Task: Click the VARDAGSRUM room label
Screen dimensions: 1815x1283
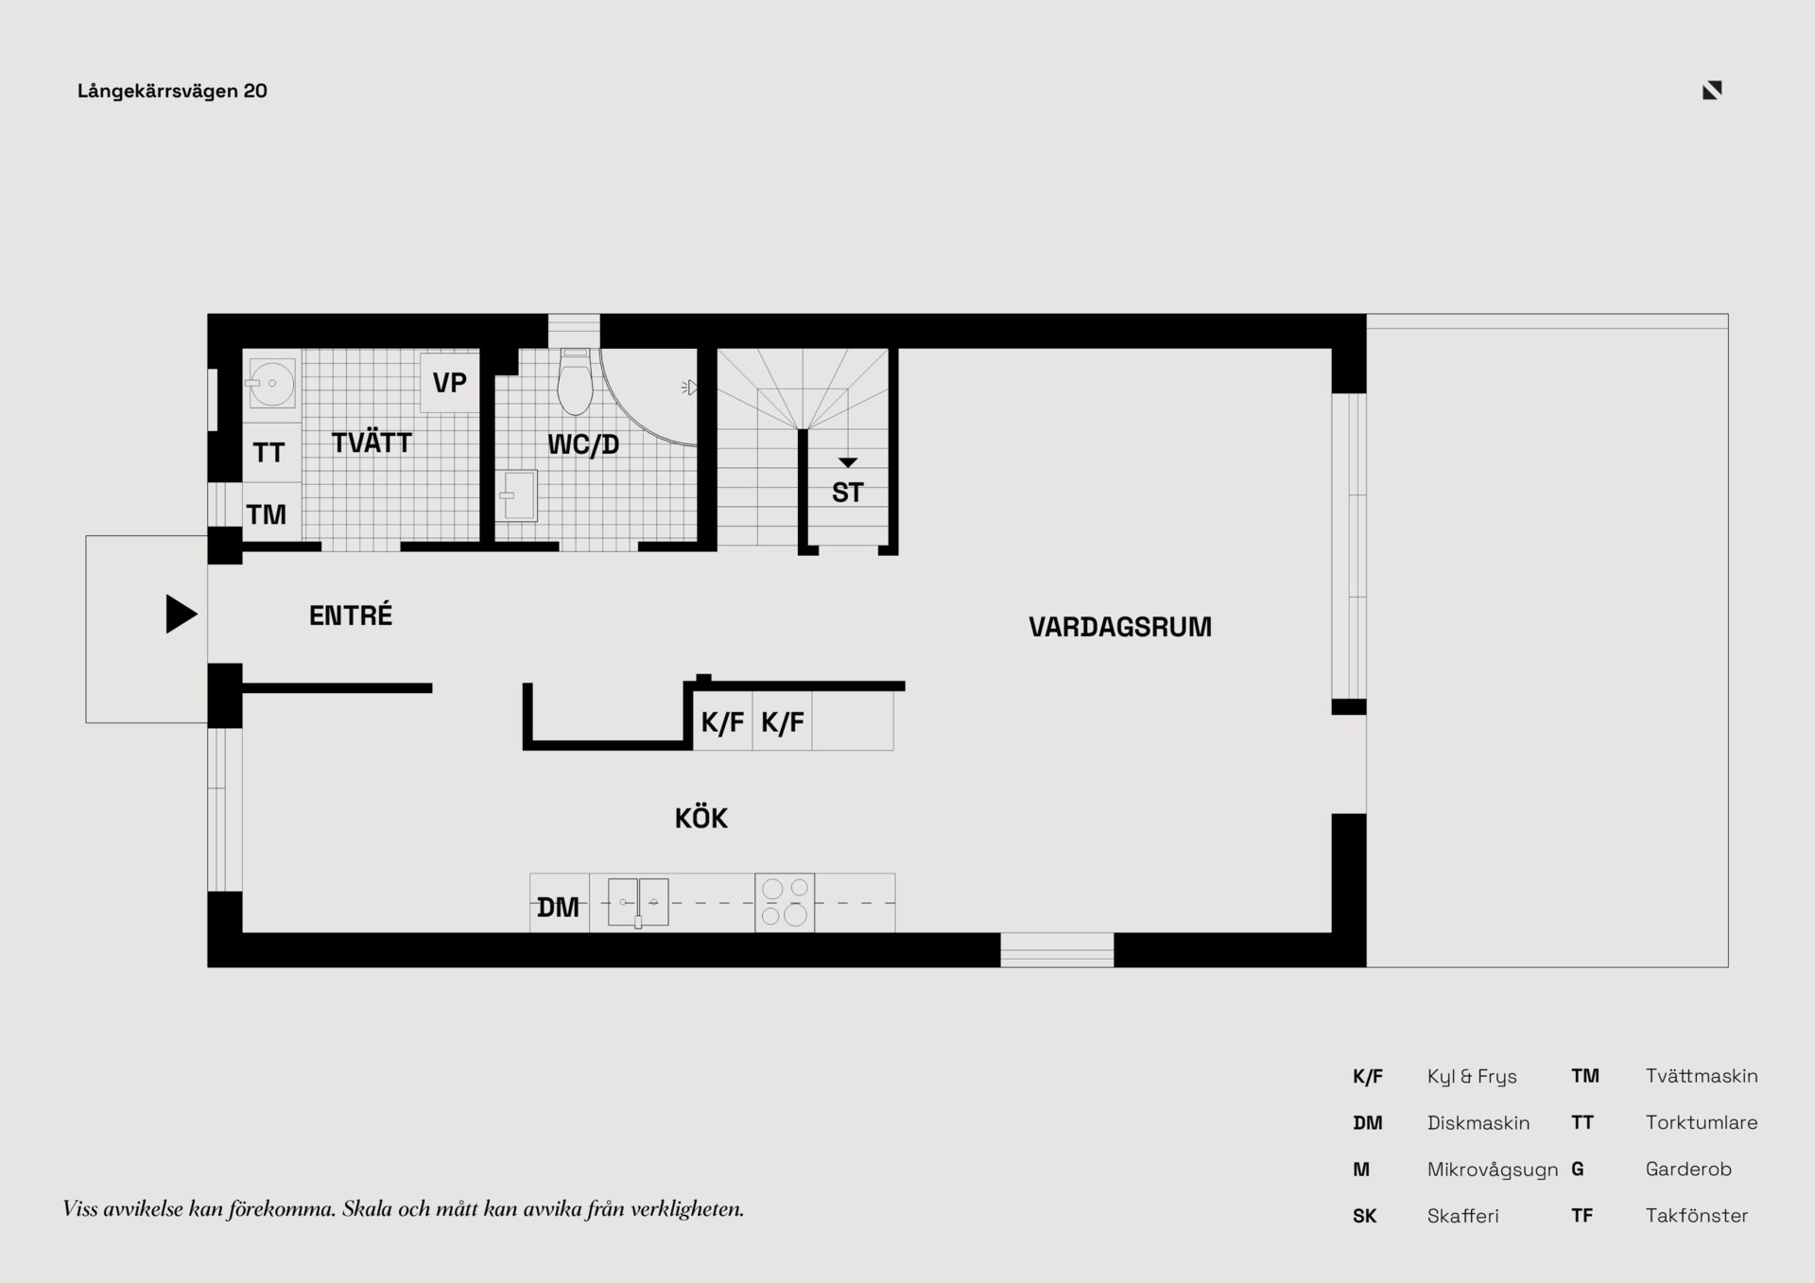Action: coord(1120,628)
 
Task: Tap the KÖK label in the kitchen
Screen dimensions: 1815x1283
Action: coord(701,818)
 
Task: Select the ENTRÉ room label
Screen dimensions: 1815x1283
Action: coord(351,615)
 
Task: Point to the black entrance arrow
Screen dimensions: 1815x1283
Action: coord(181,614)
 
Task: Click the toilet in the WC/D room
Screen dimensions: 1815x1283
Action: coord(576,383)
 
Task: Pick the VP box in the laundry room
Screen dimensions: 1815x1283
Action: coord(450,382)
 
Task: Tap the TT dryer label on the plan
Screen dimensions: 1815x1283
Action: coord(269,453)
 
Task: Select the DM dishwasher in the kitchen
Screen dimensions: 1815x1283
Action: coord(559,903)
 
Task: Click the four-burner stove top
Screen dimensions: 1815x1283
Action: coord(785,902)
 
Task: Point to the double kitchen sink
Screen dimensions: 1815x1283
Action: coord(638,902)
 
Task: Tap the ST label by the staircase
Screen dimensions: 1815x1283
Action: coord(848,493)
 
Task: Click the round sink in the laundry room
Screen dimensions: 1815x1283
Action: coord(272,383)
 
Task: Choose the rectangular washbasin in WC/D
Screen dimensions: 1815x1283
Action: coord(518,495)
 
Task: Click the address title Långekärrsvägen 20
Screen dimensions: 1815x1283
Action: coord(172,91)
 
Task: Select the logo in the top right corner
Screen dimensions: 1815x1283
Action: coord(1712,90)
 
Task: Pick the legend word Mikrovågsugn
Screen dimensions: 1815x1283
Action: coord(1493,1170)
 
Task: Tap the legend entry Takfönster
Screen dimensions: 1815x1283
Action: coord(1697,1216)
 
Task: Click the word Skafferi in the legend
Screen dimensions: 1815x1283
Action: coord(1463,1216)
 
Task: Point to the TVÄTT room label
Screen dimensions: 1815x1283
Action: coord(372,442)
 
